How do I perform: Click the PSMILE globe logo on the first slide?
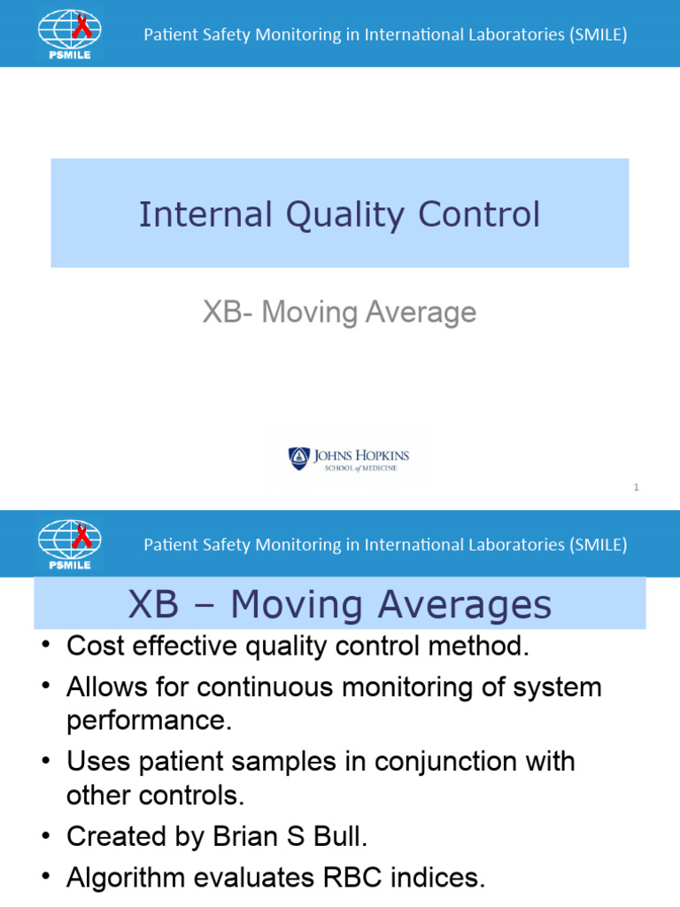click(69, 34)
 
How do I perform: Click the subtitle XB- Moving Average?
click(339, 312)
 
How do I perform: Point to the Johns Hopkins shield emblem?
click(298, 458)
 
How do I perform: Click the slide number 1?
click(636, 487)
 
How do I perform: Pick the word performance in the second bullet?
click(149, 720)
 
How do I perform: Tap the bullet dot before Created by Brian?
click(46, 836)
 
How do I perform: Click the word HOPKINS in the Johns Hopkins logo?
click(375, 456)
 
